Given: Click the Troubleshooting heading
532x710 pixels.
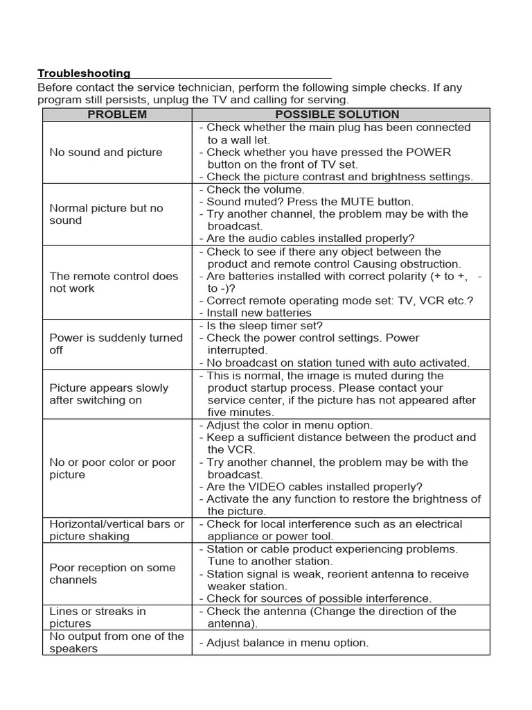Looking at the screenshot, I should (84, 73).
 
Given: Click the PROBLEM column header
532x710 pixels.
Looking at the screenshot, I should (117, 114).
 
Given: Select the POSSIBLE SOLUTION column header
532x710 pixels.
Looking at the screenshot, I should (337, 114).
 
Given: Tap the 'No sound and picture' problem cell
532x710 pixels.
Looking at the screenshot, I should (106, 153).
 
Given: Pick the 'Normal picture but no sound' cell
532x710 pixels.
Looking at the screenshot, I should (106, 214).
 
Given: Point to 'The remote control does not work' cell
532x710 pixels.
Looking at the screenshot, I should (114, 282).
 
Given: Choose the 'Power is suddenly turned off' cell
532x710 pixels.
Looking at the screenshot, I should (116, 344).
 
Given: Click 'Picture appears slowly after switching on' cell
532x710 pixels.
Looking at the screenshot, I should (109, 394).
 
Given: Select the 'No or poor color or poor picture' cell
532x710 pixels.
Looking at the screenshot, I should (112, 469).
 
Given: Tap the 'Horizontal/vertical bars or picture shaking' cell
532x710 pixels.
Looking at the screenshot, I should (116, 530).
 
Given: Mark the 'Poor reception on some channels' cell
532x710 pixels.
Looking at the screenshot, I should (112, 573).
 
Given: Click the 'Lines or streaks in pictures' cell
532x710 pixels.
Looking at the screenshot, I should (98, 617).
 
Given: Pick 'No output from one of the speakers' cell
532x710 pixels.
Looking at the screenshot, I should (116, 642).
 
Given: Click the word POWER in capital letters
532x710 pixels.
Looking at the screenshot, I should (428, 153).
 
